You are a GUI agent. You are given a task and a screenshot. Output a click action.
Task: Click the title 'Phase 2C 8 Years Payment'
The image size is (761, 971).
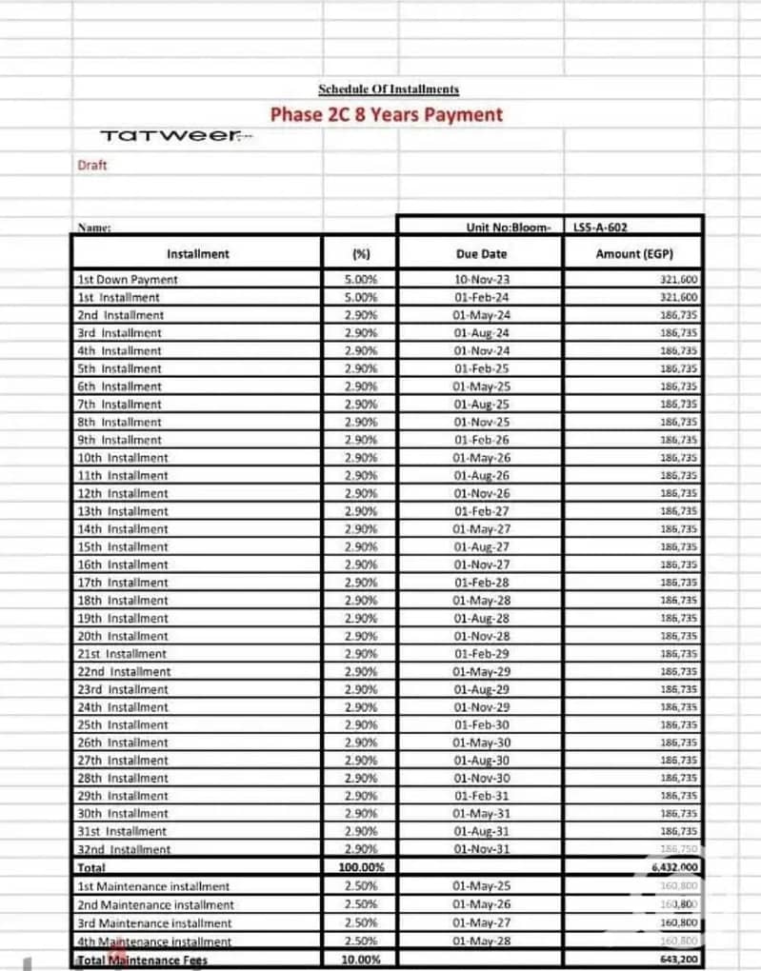(386, 115)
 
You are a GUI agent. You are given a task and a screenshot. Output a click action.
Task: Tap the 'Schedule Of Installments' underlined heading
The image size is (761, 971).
(389, 89)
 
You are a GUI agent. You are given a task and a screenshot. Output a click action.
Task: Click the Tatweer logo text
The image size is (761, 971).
(168, 136)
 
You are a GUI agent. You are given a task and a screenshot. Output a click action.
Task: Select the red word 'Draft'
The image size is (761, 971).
(92, 166)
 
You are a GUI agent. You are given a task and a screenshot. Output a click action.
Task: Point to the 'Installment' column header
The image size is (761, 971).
(198, 254)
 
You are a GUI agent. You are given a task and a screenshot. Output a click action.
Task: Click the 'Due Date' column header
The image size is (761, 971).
(482, 254)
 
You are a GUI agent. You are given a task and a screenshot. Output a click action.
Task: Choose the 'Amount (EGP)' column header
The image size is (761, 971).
(632, 254)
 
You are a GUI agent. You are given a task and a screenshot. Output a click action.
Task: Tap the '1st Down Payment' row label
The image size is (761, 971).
(128, 280)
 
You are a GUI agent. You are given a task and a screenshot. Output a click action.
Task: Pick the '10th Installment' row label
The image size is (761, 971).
(123, 458)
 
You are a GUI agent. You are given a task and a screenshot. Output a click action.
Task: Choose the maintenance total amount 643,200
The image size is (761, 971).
(679, 960)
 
